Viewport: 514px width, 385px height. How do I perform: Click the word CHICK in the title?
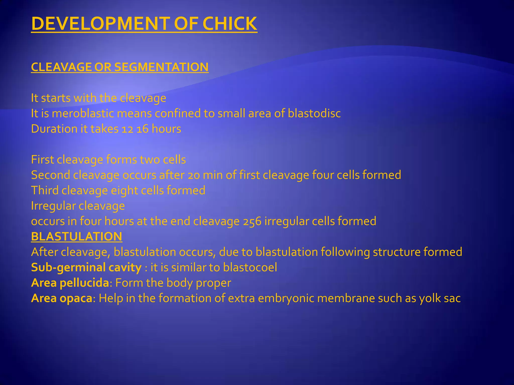(230, 24)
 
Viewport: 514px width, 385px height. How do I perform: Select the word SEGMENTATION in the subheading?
(161, 67)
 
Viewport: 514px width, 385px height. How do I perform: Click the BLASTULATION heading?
(77, 237)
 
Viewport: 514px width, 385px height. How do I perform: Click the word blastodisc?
(314, 114)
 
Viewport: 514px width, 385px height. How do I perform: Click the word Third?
(45, 190)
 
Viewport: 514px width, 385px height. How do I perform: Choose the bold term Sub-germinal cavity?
(86, 268)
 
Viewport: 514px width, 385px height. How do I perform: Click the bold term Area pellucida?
(70, 283)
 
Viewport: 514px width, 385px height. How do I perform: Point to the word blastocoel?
(250, 267)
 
